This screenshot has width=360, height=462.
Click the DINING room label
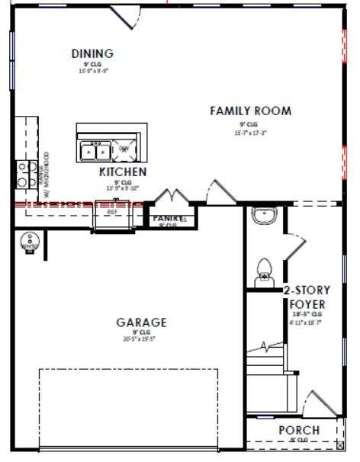point(92,53)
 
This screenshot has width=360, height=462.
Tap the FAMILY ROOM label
point(250,111)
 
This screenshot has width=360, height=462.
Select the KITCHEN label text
point(123,172)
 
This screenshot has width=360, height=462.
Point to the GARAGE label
point(141,322)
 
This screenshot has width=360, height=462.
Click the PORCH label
point(299,430)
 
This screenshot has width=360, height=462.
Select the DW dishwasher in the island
point(124,148)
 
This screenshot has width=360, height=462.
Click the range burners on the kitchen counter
point(24,173)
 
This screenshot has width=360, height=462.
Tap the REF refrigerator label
point(112,212)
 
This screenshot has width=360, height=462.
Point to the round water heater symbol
point(30,242)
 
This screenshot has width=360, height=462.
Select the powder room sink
point(263,216)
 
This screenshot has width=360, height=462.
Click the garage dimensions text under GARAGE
point(141,339)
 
